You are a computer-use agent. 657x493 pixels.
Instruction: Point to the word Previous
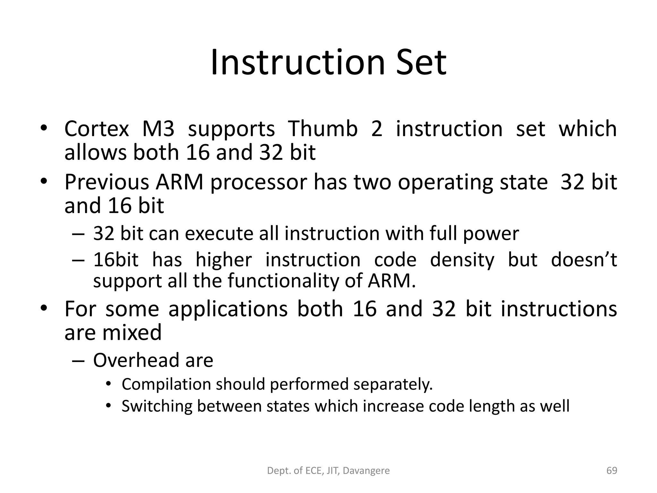tap(107, 182)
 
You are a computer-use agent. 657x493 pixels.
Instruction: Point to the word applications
tap(228, 309)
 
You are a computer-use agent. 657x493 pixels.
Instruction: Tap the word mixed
tap(132, 332)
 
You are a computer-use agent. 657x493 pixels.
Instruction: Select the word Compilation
tap(166, 385)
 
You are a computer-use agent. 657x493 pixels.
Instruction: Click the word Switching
tap(157, 406)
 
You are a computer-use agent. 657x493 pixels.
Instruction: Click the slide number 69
tap(612, 471)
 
